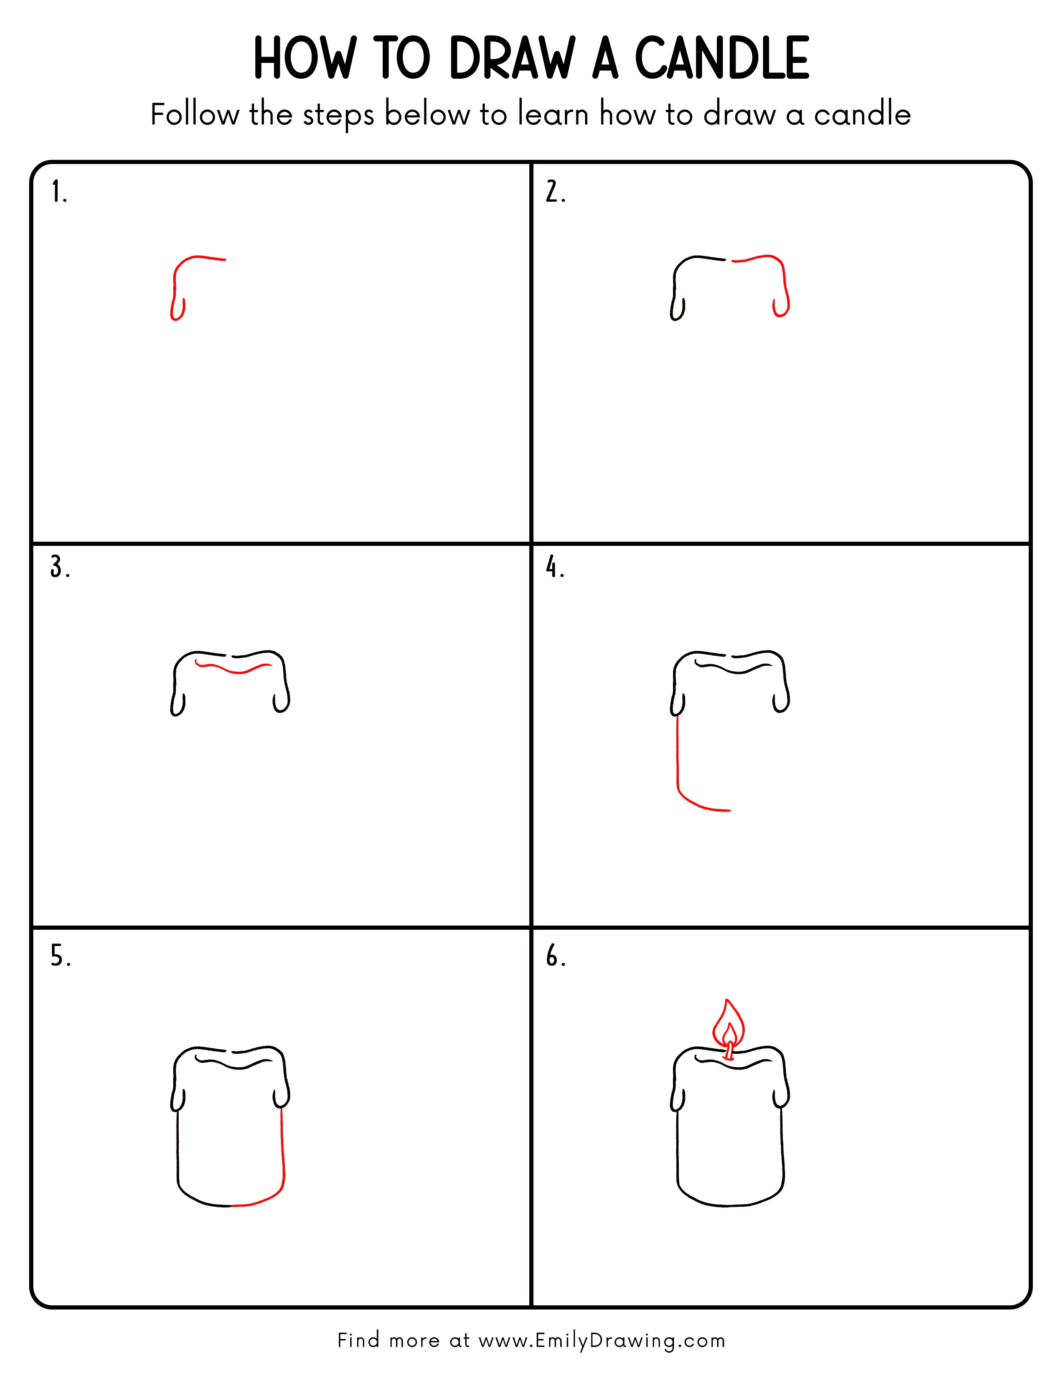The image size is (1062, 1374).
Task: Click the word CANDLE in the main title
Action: [722, 59]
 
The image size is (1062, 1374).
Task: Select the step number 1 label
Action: [58, 192]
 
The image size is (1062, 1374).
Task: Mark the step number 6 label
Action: [555, 956]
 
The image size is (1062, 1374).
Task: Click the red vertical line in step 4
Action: [678, 755]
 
